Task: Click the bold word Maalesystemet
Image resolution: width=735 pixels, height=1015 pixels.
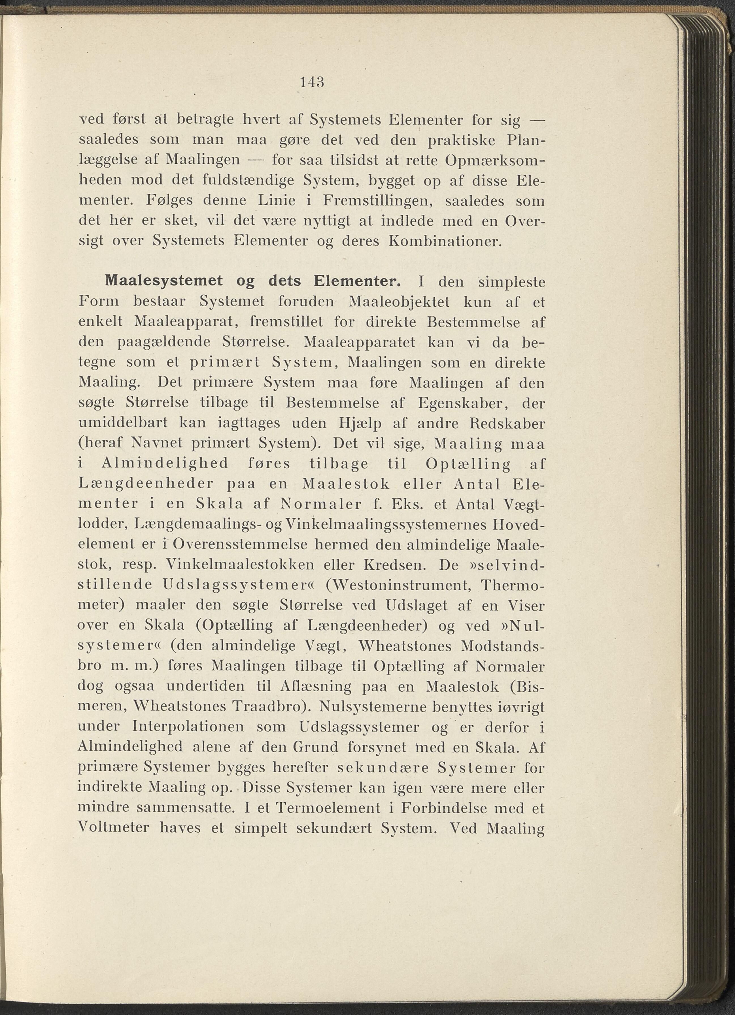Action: point(163,281)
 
